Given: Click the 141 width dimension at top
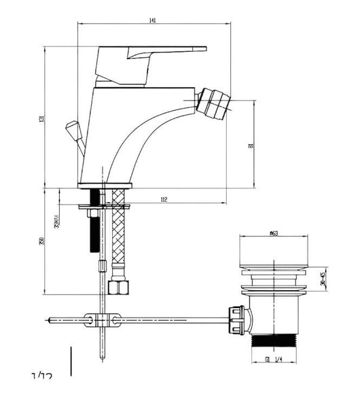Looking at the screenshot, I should coord(152,21).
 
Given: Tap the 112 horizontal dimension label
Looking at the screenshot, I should coord(164,199).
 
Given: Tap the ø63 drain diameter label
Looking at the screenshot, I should coord(273,234).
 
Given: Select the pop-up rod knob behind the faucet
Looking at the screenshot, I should coord(70,127).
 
